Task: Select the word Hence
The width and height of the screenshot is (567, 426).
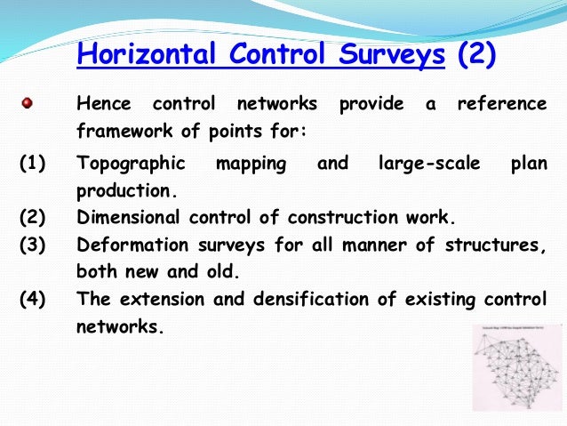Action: (x=103, y=105)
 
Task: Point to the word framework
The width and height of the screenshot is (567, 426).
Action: (x=123, y=131)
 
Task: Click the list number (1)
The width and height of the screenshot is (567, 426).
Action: (x=34, y=165)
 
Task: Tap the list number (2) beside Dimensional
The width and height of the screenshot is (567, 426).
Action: (x=34, y=218)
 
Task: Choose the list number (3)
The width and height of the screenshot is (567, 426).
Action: (x=34, y=245)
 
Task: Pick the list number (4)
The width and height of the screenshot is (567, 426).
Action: (x=34, y=299)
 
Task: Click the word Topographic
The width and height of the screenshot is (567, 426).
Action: (x=132, y=165)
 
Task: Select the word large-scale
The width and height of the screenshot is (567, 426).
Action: (x=428, y=165)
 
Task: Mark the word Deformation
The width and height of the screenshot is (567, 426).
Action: (x=133, y=245)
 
